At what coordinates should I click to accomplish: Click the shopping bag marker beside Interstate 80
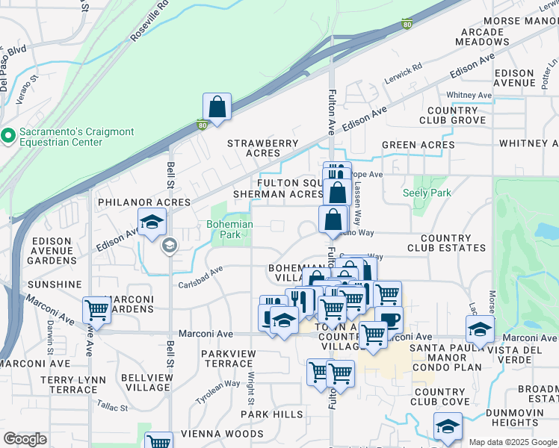[217, 108]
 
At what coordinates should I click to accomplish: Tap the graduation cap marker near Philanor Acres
[152, 223]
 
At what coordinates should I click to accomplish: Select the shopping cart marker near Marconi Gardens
[97, 308]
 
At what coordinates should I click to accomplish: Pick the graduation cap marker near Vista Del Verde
[480, 329]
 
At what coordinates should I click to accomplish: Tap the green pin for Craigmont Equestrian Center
[8, 136]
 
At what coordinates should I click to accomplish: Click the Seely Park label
[427, 193]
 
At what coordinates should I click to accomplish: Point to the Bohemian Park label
[229, 229]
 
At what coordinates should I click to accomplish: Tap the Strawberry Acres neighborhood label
[262, 148]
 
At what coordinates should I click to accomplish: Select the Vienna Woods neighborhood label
[226, 434]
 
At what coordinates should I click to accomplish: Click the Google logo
[25, 439]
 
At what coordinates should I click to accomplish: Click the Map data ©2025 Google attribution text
[512, 442]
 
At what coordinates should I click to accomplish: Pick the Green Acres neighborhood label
[418, 145]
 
